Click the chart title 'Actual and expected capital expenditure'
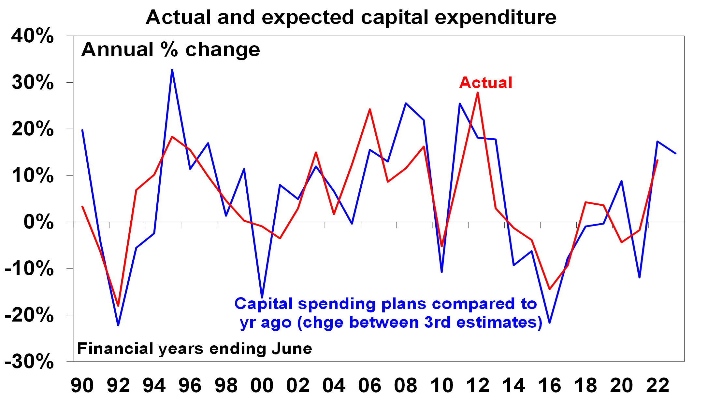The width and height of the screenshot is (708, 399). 351,17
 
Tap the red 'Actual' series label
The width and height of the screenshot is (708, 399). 485,83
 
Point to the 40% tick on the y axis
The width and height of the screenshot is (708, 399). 33,36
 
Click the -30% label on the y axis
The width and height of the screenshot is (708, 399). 29,361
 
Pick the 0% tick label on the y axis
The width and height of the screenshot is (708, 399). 39,222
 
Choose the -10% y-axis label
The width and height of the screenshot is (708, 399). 29,268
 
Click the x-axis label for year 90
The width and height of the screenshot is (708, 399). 82,385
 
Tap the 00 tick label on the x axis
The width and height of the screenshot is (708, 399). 262,385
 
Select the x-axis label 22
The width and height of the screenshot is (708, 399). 657,385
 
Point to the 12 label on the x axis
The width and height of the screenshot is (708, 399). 478,385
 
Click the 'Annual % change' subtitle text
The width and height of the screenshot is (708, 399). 171,50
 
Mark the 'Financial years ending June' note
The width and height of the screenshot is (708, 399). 195,349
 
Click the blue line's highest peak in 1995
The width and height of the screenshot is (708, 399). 172,70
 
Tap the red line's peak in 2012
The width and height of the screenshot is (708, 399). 478,93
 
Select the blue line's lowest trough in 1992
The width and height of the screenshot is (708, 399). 118,325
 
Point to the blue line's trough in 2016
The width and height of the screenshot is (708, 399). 550,323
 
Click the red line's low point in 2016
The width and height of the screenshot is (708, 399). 550,289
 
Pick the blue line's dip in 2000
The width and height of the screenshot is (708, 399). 262,297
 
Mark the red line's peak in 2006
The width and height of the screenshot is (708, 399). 370,109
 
